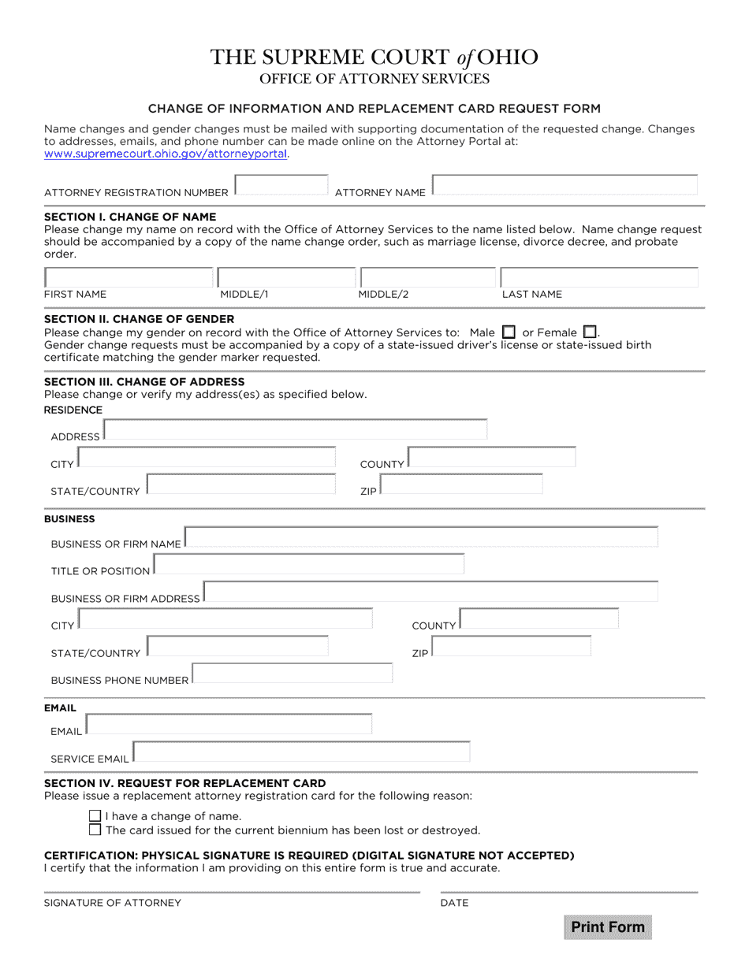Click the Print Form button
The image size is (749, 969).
(x=608, y=926)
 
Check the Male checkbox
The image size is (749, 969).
(x=509, y=332)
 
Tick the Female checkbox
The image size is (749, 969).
(x=589, y=332)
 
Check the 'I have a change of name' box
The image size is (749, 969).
(x=95, y=816)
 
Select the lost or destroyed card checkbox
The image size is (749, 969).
(x=95, y=830)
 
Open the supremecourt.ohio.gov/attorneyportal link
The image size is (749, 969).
(x=166, y=154)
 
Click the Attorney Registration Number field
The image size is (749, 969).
(x=281, y=185)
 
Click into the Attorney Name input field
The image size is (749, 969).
(x=565, y=185)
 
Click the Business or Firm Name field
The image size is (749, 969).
(x=421, y=537)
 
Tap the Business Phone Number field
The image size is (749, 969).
(x=293, y=674)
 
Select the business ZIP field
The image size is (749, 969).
(x=511, y=647)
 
